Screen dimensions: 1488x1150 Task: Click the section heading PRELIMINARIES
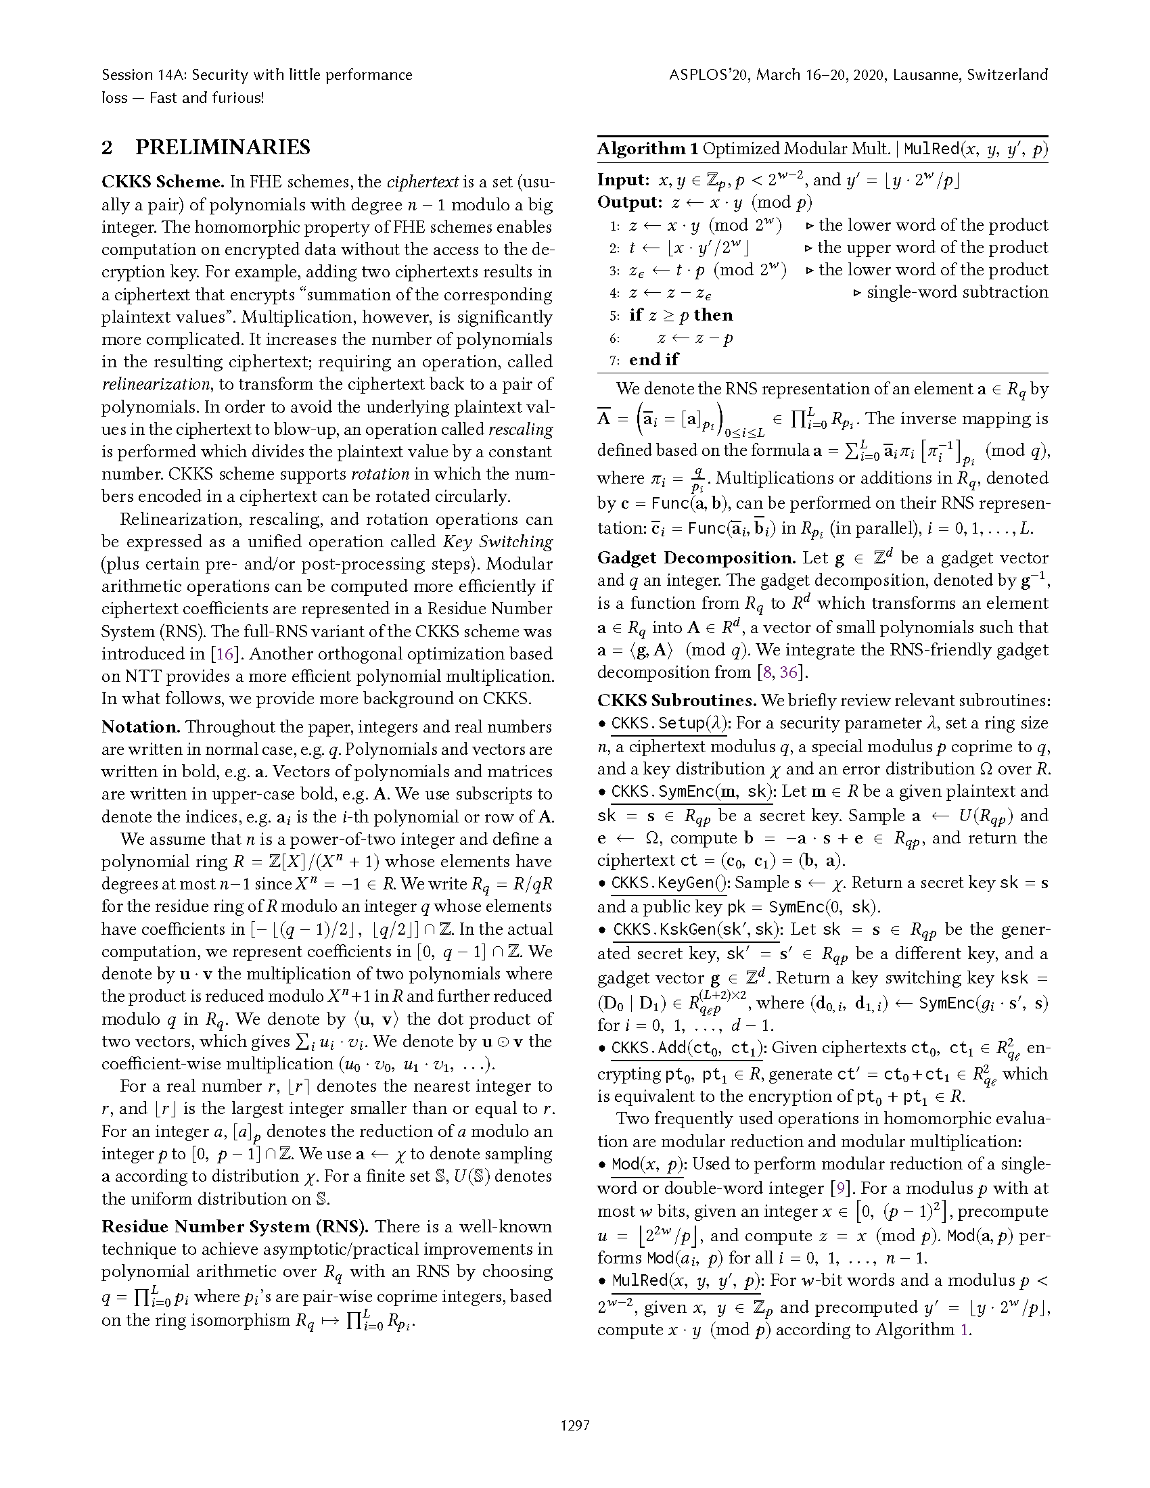click(x=223, y=147)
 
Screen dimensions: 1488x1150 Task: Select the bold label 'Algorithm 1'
click(x=647, y=149)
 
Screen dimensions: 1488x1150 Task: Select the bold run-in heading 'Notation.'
click(x=141, y=727)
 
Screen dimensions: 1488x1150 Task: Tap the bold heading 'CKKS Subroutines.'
click(x=676, y=701)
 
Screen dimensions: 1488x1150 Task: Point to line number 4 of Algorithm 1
click(x=614, y=293)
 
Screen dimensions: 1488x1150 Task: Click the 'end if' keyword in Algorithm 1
click(x=654, y=360)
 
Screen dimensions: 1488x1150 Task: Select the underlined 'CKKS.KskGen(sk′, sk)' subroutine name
click(x=697, y=930)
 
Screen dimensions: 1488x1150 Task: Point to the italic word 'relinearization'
click(x=156, y=384)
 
